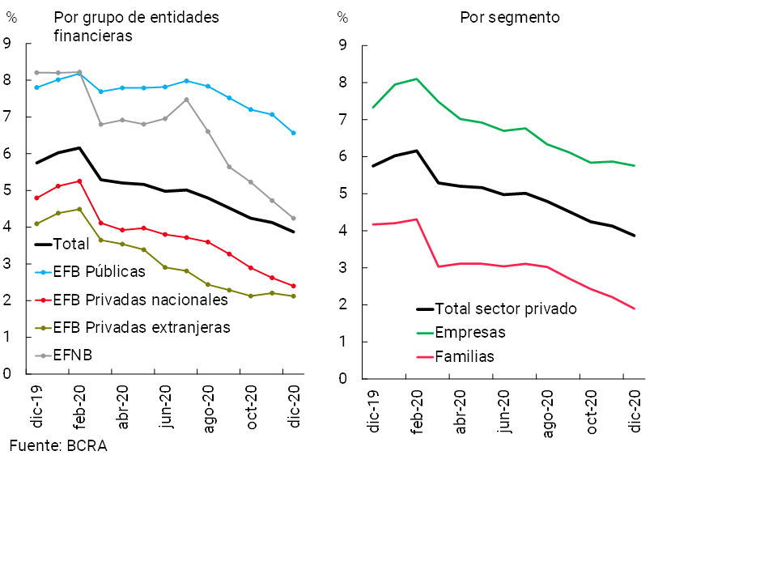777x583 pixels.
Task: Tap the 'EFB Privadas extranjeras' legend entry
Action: [142, 327]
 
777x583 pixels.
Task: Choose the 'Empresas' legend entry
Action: [469, 332]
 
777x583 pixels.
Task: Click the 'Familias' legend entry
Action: [464, 356]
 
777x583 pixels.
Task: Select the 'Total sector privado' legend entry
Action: [506, 309]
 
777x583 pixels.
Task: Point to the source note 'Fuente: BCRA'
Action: [58, 445]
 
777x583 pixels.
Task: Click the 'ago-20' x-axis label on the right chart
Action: [548, 414]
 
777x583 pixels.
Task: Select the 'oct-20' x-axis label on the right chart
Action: [592, 414]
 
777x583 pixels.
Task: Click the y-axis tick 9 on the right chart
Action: [342, 45]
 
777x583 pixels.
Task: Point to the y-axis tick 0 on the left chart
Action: [6, 374]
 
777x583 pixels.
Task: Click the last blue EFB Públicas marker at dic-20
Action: [293, 133]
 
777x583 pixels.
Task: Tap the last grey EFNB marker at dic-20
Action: [293, 218]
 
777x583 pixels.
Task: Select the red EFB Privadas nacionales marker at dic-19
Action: [36, 198]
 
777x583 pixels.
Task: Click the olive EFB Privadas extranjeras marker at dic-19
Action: [36, 223]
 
